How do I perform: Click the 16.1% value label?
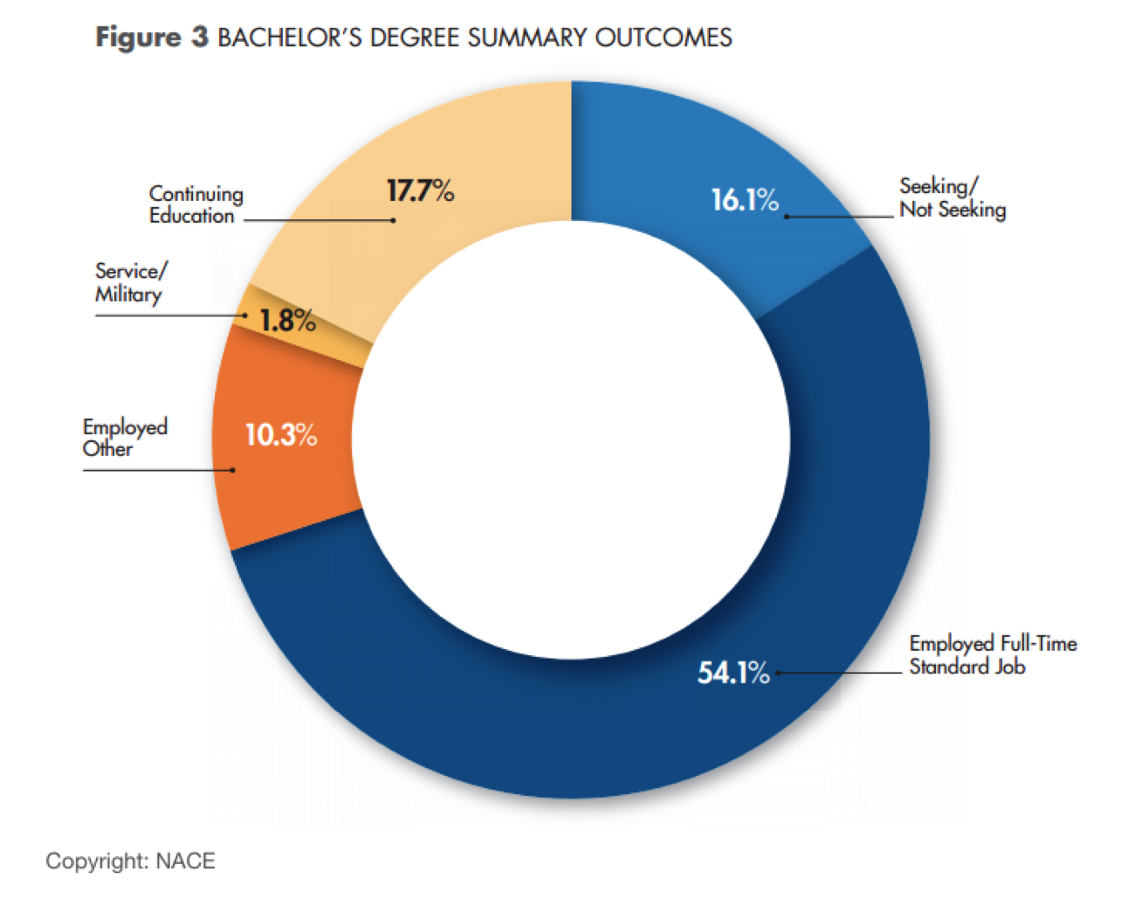pyautogui.click(x=744, y=200)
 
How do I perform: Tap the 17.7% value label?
pyautogui.click(x=420, y=190)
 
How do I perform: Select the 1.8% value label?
pyautogui.click(x=287, y=321)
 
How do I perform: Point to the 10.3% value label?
pyautogui.click(x=280, y=434)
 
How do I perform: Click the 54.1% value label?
pyautogui.click(x=733, y=673)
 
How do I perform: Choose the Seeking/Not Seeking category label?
pyautogui.click(x=952, y=197)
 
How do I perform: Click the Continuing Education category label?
pyautogui.click(x=196, y=204)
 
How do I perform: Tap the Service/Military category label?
pyautogui.click(x=129, y=282)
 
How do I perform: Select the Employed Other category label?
pyautogui.click(x=125, y=437)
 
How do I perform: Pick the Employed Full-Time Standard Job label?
pyautogui.click(x=993, y=655)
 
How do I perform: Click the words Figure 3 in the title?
pyautogui.click(x=151, y=38)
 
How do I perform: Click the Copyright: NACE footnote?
pyautogui.click(x=130, y=861)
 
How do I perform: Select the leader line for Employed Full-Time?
pyautogui.click(x=838, y=673)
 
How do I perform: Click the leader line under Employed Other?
pyautogui.click(x=157, y=470)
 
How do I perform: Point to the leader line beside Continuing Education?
pyautogui.click(x=319, y=220)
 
